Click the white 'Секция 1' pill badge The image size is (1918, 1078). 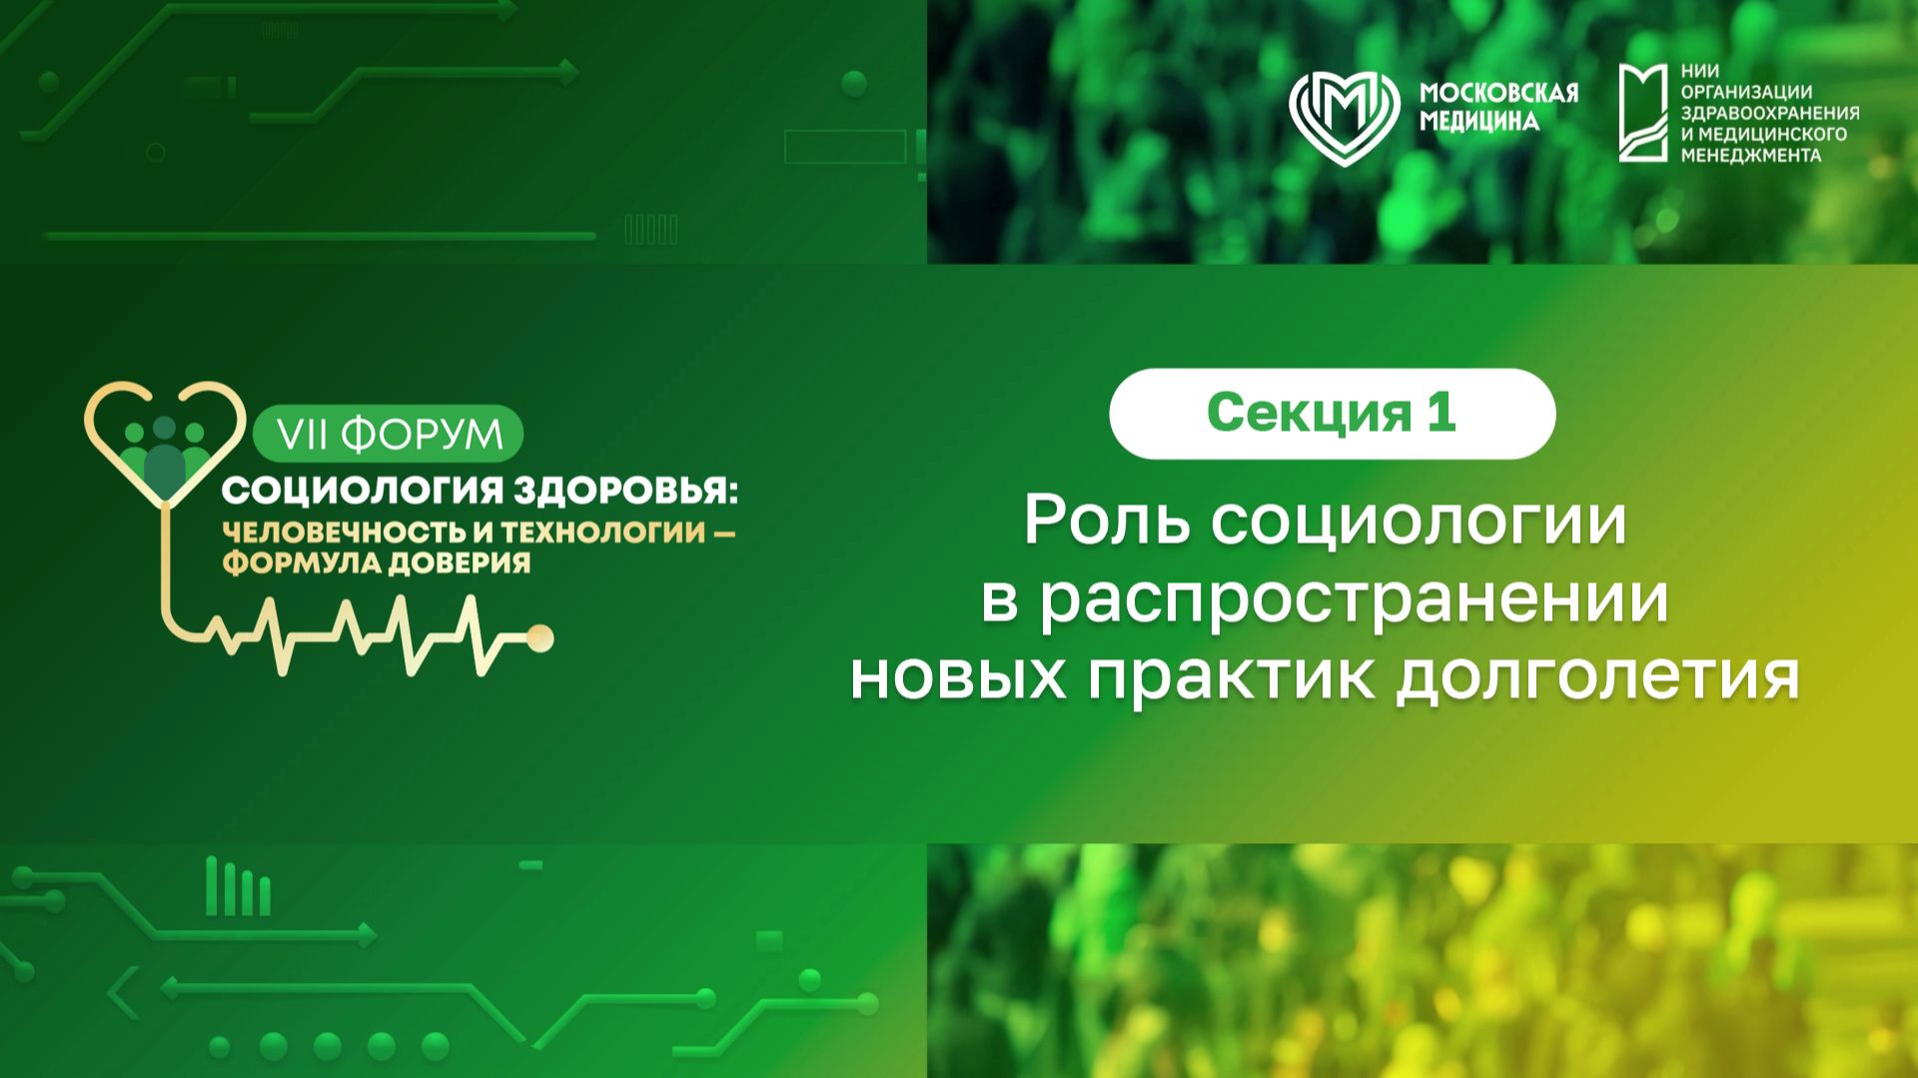click(1332, 414)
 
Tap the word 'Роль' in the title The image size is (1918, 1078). click(1108, 522)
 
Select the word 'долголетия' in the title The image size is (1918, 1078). click(1597, 677)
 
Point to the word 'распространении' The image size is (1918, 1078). click(1355, 599)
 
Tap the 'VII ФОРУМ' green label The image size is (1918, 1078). click(389, 435)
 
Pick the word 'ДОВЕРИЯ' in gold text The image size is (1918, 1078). click(459, 562)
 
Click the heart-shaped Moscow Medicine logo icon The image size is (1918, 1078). click(1345, 115)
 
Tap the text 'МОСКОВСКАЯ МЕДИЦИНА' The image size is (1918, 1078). click(1497, 107)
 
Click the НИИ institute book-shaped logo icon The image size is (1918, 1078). click(1643, 113)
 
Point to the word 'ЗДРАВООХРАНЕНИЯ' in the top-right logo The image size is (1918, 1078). click(1769, 113)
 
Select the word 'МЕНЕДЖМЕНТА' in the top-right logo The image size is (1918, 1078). click(1750, 156)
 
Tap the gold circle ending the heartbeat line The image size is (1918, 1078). click(540, 637)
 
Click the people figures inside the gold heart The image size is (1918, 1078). click(165, 456)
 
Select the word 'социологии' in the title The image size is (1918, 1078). click(1420, 522)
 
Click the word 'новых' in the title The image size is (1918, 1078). click(958, 677)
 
